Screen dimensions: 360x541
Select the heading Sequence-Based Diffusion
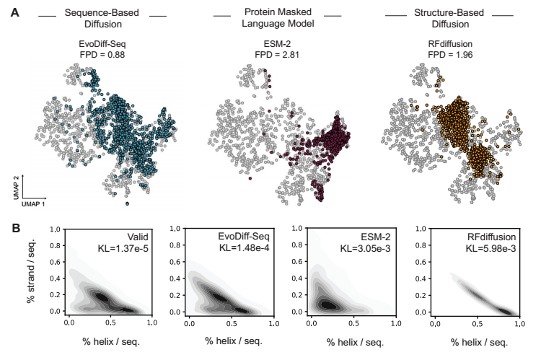102,19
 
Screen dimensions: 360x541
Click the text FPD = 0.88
102,53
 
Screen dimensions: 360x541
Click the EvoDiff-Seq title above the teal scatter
102,43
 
